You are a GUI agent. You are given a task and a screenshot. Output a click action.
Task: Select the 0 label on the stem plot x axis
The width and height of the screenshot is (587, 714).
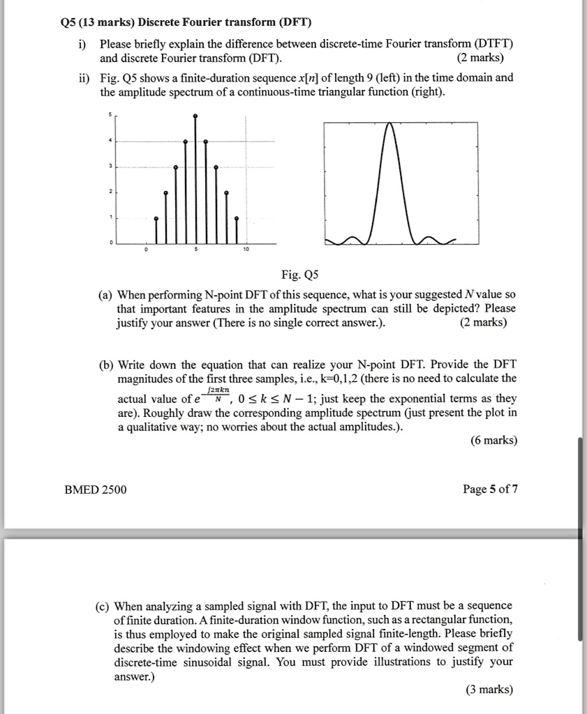145,249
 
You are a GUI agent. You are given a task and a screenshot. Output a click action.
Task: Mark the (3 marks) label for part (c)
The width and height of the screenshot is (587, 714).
489,690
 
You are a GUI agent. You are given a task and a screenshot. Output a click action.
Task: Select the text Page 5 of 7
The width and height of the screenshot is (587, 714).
491,489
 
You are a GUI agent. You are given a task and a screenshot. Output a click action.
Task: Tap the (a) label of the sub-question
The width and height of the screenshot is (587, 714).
107,296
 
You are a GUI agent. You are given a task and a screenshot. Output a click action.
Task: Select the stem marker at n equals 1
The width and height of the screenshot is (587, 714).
156,219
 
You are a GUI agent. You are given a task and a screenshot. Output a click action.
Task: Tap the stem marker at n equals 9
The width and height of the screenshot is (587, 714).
236,219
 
